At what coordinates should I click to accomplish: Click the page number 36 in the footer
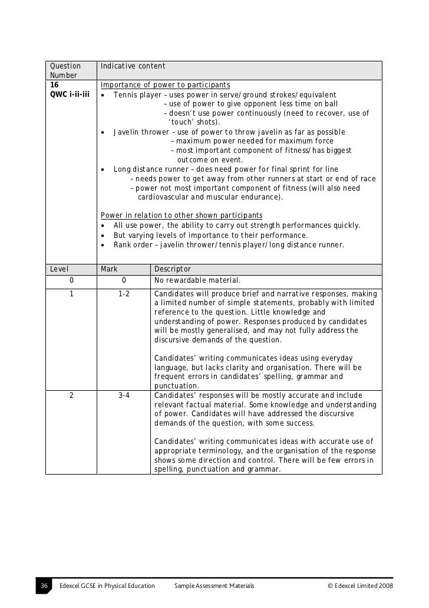(44, 586)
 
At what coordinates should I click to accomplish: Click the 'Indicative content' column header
(133, 66)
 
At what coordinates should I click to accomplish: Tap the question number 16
(54, 85)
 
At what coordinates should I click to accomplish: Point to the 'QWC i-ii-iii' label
(70, 95)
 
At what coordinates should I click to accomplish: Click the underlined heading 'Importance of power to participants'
(165, 85)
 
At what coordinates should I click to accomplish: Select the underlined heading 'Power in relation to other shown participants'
(181, 215)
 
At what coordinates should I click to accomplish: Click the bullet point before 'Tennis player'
(103, 96)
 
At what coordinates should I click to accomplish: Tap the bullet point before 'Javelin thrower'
(103, 132)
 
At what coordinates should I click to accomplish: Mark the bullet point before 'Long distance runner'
(103, 169)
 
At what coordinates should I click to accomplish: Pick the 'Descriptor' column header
(172, 269)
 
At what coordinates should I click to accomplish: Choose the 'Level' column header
(60, 269)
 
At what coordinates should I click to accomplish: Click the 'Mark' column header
(109, 269)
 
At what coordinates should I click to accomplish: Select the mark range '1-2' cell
(124, 293)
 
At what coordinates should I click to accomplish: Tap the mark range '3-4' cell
(124, 395)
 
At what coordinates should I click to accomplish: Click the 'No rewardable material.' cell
(197, 281)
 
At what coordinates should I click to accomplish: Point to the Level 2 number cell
(71, 395)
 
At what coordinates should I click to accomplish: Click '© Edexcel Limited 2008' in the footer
(360, 586)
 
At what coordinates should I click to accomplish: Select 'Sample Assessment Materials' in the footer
(214, 586)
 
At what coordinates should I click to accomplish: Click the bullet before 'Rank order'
(103, 245)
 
